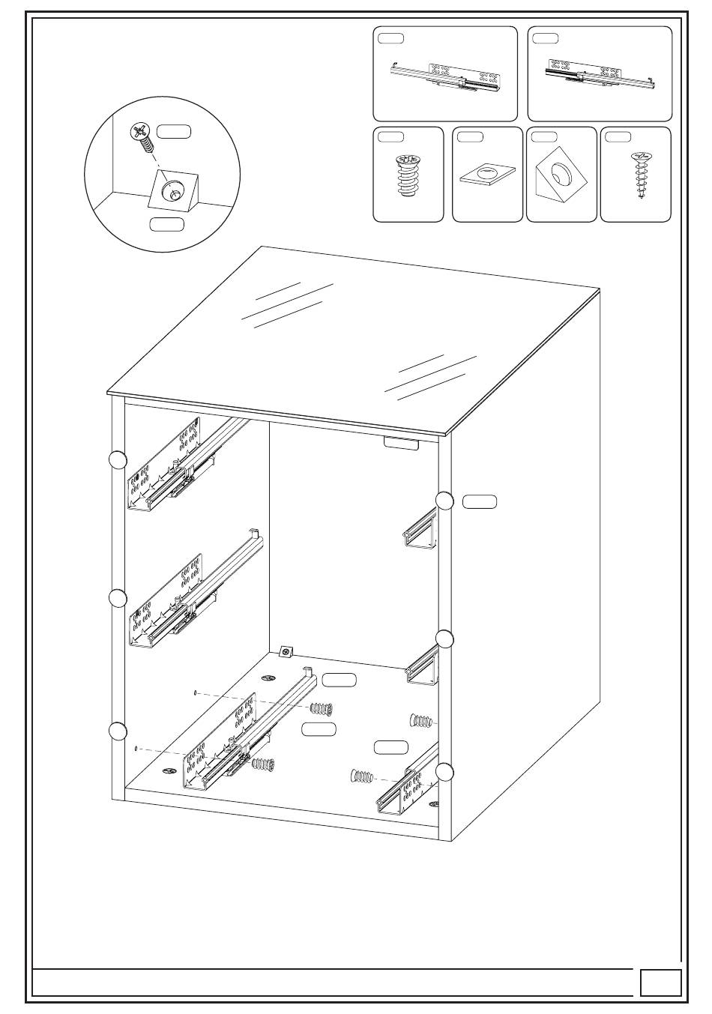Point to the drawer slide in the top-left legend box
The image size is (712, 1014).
click(x=447, y=77)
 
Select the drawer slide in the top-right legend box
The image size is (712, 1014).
click(x=600, y=74)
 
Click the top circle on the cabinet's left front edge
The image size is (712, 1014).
click(x=118, y=461)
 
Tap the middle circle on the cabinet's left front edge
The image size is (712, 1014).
click(x=118, y=598)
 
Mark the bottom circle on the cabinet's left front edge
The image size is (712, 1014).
click(x=118, y=731)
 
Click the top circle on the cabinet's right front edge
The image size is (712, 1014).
click(x=445, y=501)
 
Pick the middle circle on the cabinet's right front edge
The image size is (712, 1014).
click(x=445, y=639)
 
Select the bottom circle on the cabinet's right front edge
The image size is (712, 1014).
click(x=445, y=772)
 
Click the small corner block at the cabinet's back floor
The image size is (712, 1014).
click(x=286, y=652)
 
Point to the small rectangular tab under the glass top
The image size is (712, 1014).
click(x=401, y=444)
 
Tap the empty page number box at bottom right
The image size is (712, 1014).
click(x=661, y=983)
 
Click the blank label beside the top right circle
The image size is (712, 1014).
click(x=480, y=501)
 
